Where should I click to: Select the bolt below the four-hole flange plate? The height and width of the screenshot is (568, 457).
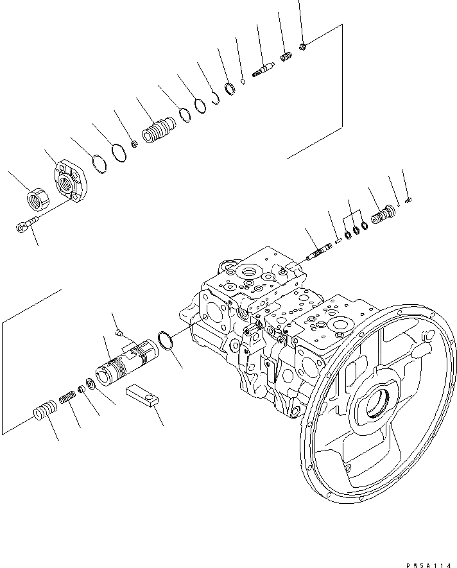pos(25,225)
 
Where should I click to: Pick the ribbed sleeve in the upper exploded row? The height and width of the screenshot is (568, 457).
pos(158,132)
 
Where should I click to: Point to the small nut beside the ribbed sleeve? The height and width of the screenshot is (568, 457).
pos(134,144)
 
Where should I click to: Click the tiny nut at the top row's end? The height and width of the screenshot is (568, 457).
pos(303,46)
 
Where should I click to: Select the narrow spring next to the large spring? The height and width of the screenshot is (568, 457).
pos(67,399)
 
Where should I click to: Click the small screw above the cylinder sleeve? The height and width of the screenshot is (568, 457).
pos(120,332)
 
